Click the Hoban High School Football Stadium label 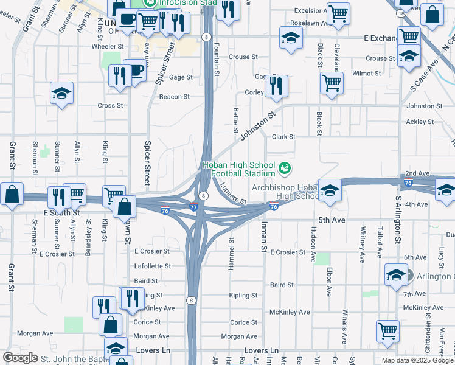point(240,169)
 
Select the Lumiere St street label point(233,193)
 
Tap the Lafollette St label point(152,266)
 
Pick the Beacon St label point(175,96)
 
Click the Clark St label point(283,137)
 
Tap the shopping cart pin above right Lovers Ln point(387,331)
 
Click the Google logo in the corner point(20,358)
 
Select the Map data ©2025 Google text point(418,360)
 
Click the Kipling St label point(243,296)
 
